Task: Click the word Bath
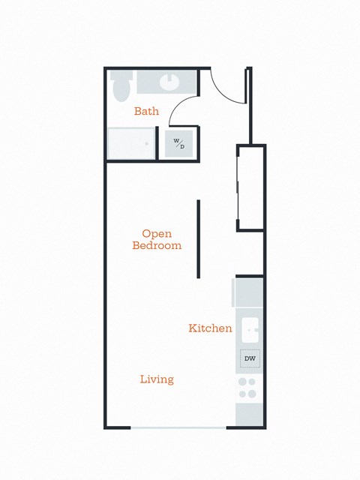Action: pyautogui.click(x=146, y=112)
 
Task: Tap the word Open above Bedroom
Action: pyautogui.click(x=157, y=233)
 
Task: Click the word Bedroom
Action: pyautogui.click(x=157, y=245)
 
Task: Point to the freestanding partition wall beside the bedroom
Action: pyautogui.click(x=199, y=238)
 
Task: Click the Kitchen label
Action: pyautogui.click(x=210, y=328)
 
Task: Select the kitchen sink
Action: pyautogui.click(x=250, y=330)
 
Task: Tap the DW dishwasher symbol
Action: pyautogui.click(x=250, y=359)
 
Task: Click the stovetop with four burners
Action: pyautogui.click(x=247, y=388)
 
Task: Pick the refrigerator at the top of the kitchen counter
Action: pyautogui.click(x=250, y=292)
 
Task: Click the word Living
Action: pyautogui.click(x=157, y=379)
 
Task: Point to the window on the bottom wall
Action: pyautogui.click(x=179, y=427)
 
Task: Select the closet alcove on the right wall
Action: pyautogui.click(x=251, y=187)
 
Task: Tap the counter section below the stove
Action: pyautogui.click(x=248, y=414)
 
